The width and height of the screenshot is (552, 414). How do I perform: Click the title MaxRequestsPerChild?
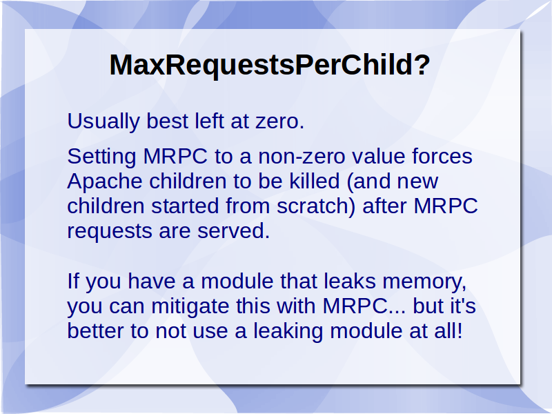(x=270, y=66)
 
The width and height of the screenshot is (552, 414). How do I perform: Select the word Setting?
(x=101, y=157)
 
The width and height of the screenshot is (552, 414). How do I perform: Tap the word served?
(x=233, y=231)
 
